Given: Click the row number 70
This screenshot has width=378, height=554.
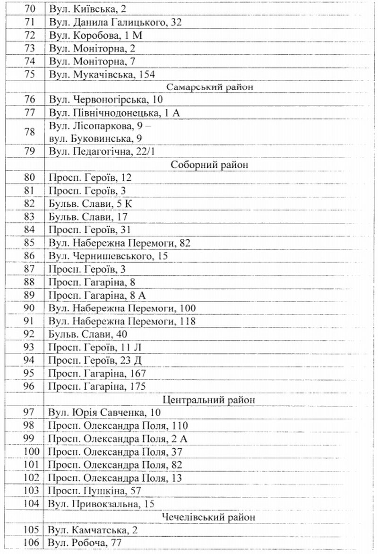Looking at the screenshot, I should pos(29,9).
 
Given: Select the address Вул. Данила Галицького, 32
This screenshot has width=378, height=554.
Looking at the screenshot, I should pos(115,22).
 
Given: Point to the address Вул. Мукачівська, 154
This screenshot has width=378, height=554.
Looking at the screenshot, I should pos(102,74).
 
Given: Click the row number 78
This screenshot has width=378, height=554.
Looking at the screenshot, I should pos(29,132).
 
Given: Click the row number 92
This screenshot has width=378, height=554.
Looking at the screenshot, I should pos(29,334).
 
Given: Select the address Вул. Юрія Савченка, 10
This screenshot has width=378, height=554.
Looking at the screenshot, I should pos(104,413).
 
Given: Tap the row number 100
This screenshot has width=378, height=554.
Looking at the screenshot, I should pos(29,452).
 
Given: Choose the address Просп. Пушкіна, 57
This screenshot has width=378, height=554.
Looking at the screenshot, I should pos(95,491).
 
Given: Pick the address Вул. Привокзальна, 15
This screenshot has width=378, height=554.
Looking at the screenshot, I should pos(101,504).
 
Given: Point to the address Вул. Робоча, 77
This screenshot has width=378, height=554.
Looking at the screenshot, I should pos(85,543).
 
